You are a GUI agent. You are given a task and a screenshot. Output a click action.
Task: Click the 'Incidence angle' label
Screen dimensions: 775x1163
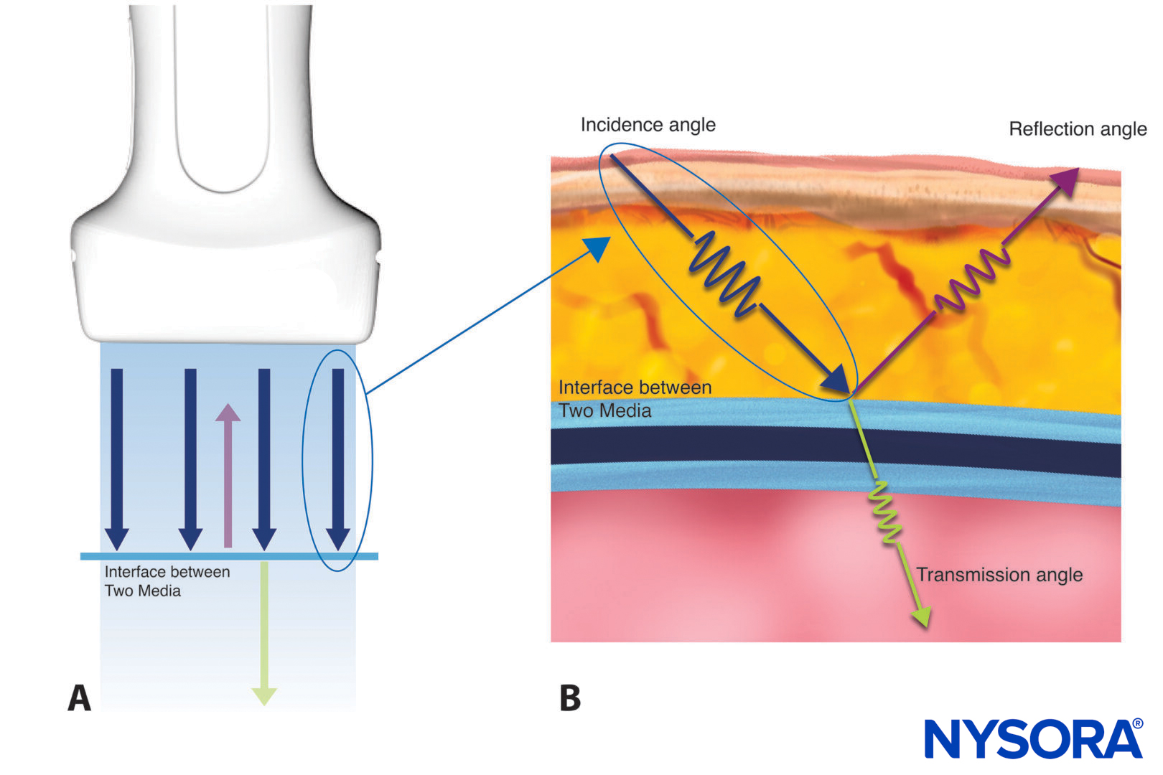point(648,125)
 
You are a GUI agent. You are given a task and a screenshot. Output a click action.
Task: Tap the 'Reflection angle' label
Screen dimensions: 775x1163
point(1077,129)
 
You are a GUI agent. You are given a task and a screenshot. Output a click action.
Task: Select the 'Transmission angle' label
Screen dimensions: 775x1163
point(999,575)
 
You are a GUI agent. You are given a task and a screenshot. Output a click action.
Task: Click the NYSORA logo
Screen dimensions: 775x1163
point(1033,738)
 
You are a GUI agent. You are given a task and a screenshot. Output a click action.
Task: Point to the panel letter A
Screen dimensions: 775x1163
point(80,697)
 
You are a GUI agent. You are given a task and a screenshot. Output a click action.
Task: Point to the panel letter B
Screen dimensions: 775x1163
point(570,697)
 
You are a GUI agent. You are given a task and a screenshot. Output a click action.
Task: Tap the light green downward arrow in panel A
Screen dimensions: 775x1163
point(264,631)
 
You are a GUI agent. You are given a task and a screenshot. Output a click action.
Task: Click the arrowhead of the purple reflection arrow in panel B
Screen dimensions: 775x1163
point(1066,180)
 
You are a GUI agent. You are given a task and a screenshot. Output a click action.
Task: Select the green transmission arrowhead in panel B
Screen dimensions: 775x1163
point(922,616)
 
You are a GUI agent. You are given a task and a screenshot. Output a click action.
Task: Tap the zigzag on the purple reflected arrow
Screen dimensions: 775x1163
point(971,281)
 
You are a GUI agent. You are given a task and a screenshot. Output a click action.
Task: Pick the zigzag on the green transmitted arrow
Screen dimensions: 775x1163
point(886,512)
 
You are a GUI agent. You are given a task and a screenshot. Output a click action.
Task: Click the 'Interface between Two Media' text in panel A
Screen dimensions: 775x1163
point(167,581)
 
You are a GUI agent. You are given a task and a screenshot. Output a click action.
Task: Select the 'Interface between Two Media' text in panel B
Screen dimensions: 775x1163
point(634,399)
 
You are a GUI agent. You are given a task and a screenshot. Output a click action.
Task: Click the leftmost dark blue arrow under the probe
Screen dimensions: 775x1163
point(117,459)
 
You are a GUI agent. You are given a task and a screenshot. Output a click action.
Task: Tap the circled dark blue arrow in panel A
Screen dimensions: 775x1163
point(338,459)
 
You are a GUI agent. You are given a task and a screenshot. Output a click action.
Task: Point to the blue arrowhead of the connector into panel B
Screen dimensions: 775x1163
point(597,248)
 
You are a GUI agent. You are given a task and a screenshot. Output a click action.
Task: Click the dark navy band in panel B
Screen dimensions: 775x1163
point(718,446)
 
